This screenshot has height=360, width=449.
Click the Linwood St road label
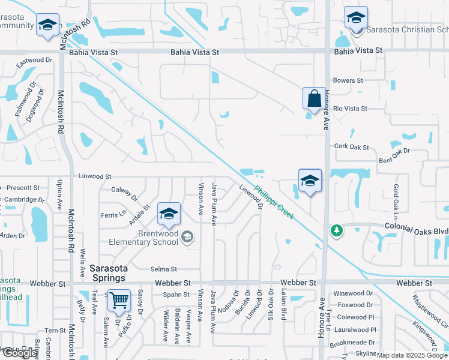tap(95, 177)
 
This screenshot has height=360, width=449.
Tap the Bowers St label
tap(349, 80)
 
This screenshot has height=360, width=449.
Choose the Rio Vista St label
tap(350, 109)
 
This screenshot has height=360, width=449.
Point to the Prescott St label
tap(23, 188)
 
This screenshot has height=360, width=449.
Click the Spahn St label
tap(176, 295)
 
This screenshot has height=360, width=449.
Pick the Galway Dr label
tap(124, 193)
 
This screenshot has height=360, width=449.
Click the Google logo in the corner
tap(20, 353)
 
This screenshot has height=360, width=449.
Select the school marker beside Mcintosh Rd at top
tap(47, 25)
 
